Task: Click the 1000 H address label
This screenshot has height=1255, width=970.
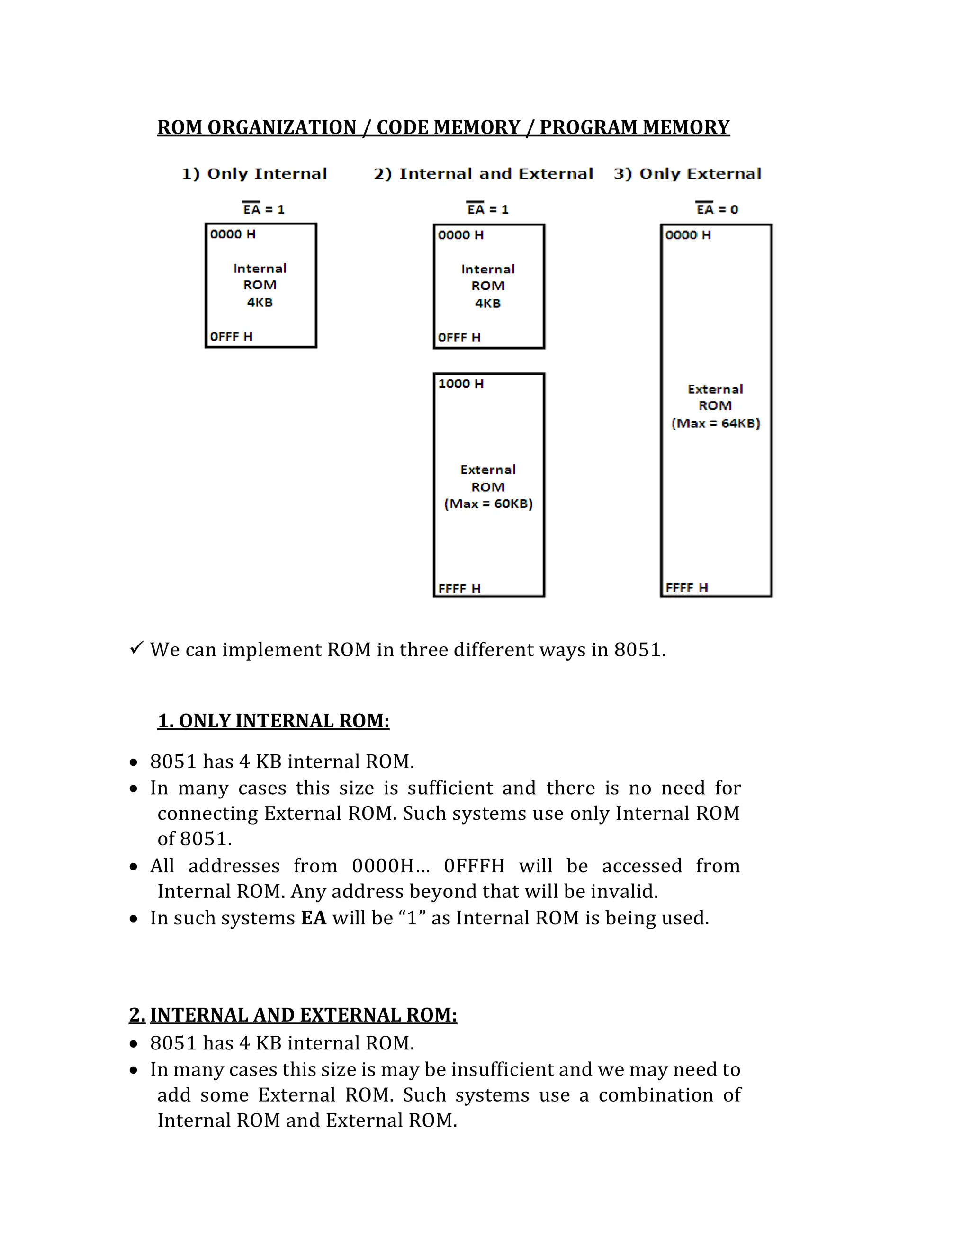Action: [x=461, y=384]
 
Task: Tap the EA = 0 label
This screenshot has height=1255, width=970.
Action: [x=717, y=209]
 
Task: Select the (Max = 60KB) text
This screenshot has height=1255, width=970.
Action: [x=488, y=504]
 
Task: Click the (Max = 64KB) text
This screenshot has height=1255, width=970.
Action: [x=716, y=423]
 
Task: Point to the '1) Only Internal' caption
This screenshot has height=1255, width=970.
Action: [x=254, y=173]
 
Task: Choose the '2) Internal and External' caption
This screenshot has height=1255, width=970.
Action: [x=483, y=173]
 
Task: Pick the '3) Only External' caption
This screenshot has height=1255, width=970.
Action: [x=687, y=173]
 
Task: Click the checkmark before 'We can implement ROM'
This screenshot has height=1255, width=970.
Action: [x=136, y=648]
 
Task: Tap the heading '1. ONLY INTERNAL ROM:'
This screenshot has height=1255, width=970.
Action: [x=274, y=721]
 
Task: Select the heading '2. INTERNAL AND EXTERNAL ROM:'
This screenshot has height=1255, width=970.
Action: [x=293, y=1015]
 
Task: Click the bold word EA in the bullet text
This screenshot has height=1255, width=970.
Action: [x=314, y=918]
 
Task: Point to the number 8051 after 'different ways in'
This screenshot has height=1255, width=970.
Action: [x=638, y=650]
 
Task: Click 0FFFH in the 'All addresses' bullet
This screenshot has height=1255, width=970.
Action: [x=474, y=866]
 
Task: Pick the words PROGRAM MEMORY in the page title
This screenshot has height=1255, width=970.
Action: [x=634, y=127]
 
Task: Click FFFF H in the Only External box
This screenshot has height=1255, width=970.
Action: [x=687, y=588]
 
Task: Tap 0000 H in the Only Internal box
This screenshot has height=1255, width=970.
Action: [x=233, y=234]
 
